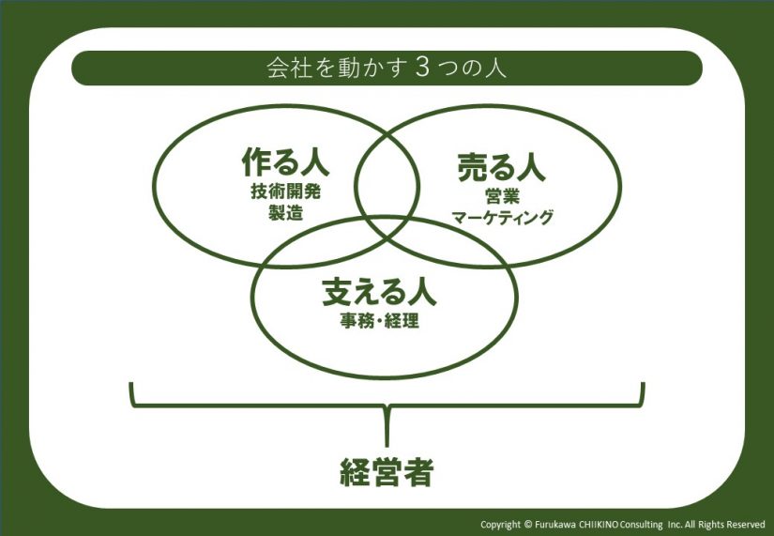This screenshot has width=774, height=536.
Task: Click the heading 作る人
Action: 285,163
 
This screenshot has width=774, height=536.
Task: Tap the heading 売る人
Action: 501,167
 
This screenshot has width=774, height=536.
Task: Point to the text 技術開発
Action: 285,191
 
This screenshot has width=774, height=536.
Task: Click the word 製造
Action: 285,212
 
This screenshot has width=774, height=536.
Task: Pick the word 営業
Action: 502,197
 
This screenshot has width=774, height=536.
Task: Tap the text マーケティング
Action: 503,218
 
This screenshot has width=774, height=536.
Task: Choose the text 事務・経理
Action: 380,322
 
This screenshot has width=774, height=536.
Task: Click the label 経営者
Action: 387,472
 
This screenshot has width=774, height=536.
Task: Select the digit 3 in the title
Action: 422,69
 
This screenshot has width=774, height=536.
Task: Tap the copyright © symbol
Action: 527,525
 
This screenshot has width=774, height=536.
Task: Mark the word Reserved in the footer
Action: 748,525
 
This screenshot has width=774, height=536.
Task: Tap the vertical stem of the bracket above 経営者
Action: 387,426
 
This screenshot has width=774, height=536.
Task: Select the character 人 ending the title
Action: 496,69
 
